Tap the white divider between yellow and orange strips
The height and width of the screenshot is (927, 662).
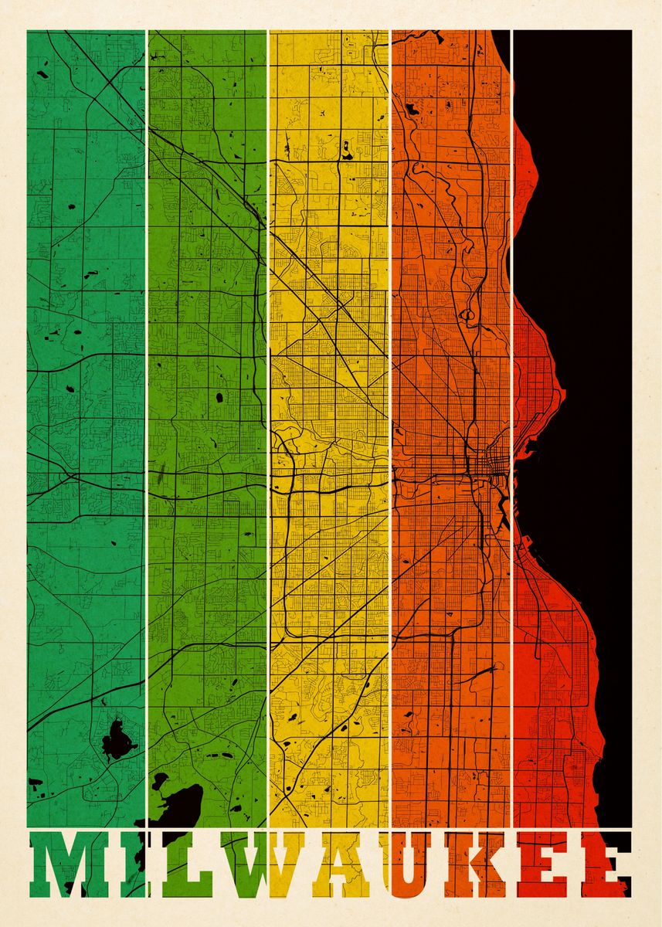tap(390, 386)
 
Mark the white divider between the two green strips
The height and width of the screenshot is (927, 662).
tap(146, 386)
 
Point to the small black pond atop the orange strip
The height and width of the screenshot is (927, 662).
tap(412, 110)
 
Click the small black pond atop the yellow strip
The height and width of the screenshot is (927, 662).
tap(346, 151)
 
